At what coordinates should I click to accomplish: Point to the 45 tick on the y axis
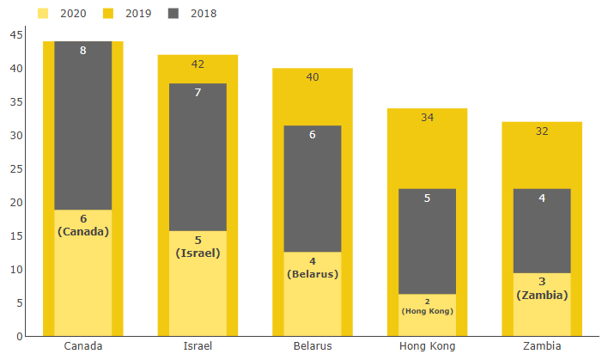[17, 34]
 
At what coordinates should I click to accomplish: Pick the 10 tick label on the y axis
[17, 269]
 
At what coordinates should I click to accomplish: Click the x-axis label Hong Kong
[427, 346]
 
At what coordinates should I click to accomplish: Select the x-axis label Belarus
[313, 346]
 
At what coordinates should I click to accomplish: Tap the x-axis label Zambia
[542, 346]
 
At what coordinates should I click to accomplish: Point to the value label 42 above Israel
[198, 64]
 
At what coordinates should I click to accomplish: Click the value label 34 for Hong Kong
[427, 118]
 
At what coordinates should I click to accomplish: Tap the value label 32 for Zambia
[542, 131]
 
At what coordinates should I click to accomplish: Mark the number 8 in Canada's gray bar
[83, 51]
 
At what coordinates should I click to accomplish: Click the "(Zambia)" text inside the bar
[542, 295]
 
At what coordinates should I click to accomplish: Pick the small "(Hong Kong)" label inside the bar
[427, 311]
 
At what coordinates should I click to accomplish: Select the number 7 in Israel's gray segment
[198, 92]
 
